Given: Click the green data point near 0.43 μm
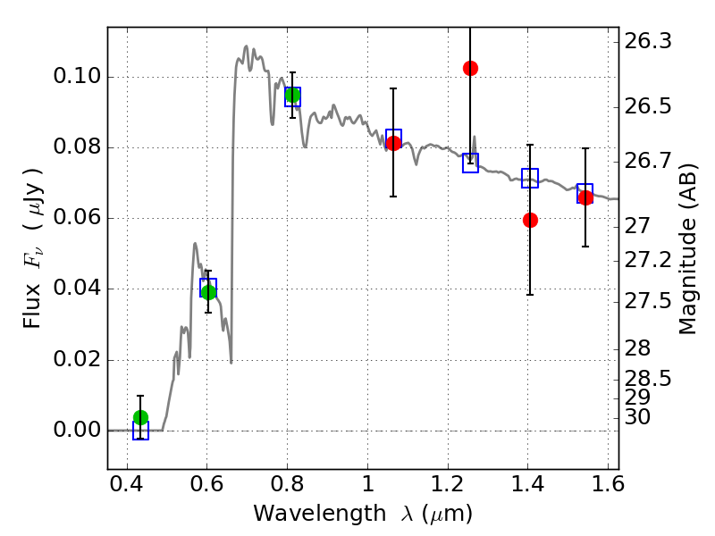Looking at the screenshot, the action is (x=141, y=417).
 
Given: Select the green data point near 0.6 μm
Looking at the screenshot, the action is (x=208, y=292).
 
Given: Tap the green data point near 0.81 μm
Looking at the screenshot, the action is (x=293, y=96).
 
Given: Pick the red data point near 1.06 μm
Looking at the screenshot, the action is (x=393, y=143).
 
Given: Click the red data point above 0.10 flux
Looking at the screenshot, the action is (x=471, y=69).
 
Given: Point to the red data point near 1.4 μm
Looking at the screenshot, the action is (x=530, y=220).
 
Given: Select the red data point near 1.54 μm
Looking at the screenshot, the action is (x=585, y=197).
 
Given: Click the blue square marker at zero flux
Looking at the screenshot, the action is (x=141, y=431).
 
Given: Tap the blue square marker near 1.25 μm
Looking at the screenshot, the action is (x=471, y=163).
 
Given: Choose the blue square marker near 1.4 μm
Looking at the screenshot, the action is (x=530, y=178).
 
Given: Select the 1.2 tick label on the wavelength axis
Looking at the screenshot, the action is (x=448, y=484).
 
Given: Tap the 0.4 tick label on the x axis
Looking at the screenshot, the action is (x=127, y=484).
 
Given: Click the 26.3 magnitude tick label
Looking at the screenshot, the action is (x=648, y=41).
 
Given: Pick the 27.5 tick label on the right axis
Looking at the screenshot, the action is (x=648, y=301).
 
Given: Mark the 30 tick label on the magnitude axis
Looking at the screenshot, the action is (x=637, y=417).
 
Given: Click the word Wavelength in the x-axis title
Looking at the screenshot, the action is (x=320, y=514).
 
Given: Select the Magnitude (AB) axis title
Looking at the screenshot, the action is (x=688, y=249).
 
